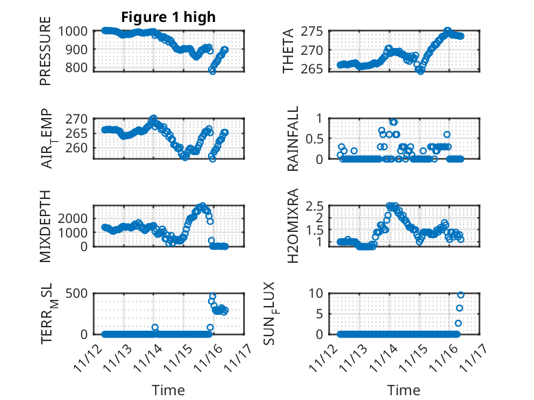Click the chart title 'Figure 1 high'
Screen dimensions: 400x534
click(x=168, y=16)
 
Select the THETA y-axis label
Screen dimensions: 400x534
click(x=288, y=51)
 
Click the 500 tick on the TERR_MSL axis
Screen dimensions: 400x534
click(x=76, y=294)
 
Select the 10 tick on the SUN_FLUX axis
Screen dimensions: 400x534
click(x=316, y=294)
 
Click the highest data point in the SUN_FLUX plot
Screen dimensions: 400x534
click(x=461, y=295)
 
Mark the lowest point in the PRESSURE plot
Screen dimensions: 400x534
click(x=212, y=71)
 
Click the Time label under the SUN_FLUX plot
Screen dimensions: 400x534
click(x=404, y=390)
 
